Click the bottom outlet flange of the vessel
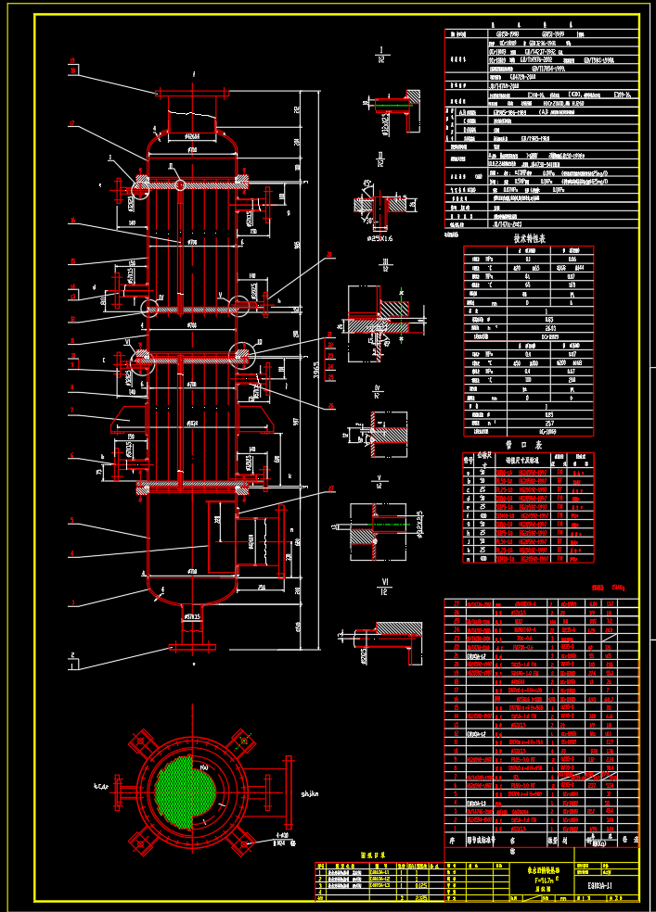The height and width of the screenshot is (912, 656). click(192, 647)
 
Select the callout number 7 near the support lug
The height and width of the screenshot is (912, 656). click(71, 409)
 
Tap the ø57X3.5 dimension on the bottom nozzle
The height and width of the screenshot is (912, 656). click(191, 614)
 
